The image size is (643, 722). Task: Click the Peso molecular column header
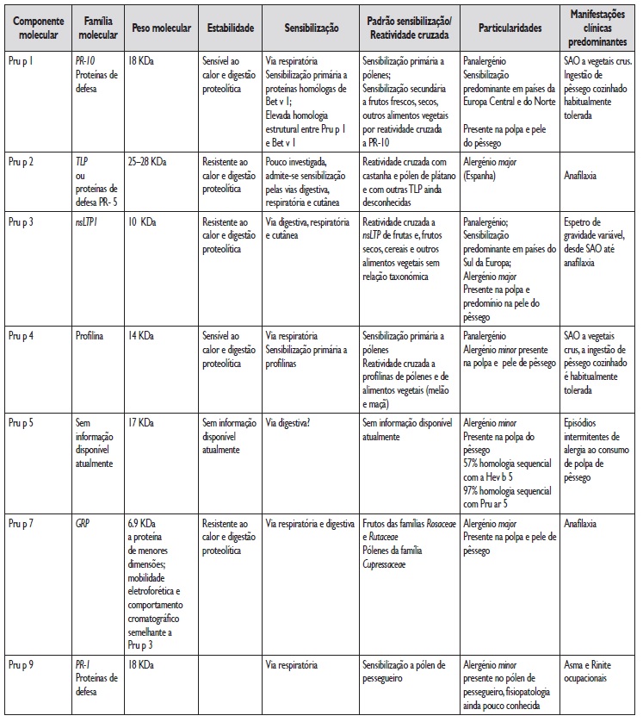tap(158, 27)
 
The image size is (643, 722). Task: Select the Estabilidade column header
tap(231, 27)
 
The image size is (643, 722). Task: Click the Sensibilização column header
tap(310, 27)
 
